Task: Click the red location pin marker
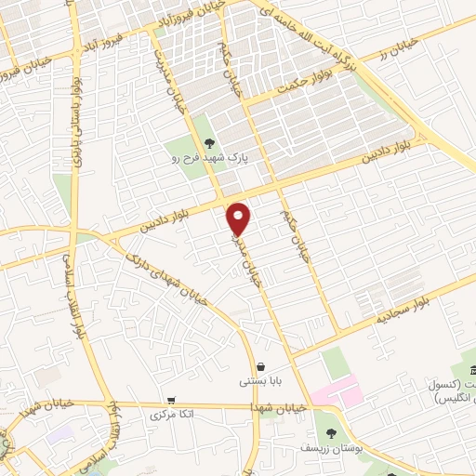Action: click(x=239, y=218)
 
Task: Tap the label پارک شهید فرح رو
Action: click(x=216, y=159)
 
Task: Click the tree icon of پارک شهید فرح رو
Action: click(x=209, y=142)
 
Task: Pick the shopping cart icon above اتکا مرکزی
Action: click(x=170, y=400)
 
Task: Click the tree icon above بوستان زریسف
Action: click(x=330, y=432)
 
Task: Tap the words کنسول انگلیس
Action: click(x=453, y=391)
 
